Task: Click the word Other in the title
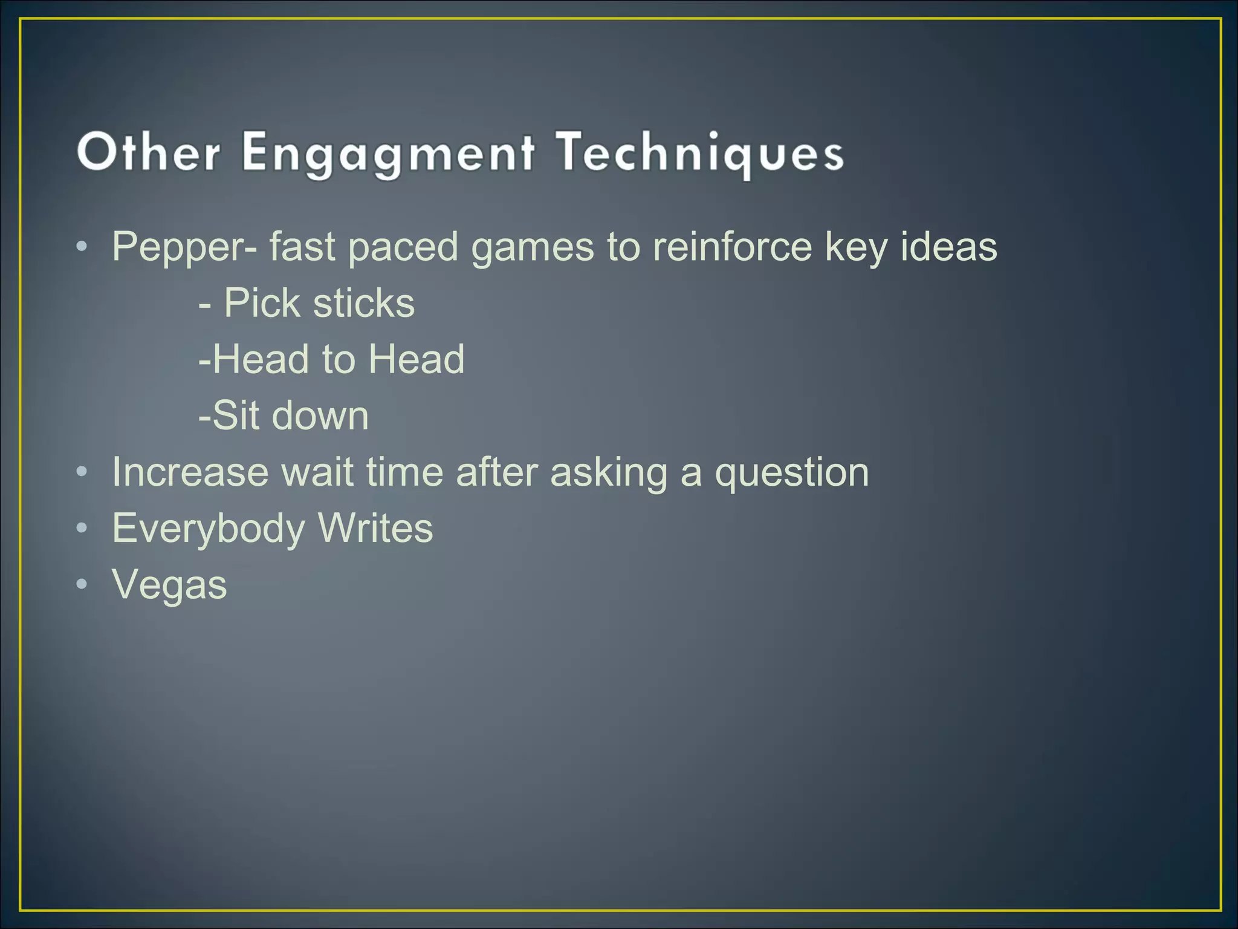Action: pyautogui.click(x=149, y=152)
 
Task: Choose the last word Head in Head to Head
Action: pyautogui.click(x=416, y=359)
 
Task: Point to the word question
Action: pyautogui.click(x=792, y=473)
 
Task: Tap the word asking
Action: pyautogui.click(x=609, y=473)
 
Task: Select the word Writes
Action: pyautogui.click(x=375, y=528)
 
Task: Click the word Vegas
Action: pyautogui.click(x=169, y=585)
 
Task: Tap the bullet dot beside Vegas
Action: pyautogui.click(x=82, y=585)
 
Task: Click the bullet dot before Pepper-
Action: pyautogui.click(x=82, y=247)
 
